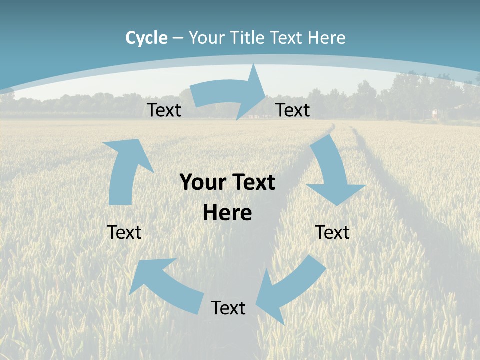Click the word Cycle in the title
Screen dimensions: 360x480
click(x=146, y=38)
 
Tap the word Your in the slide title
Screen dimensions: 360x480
click(x=207, y=38)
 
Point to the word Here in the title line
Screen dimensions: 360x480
click(x=326, y=38)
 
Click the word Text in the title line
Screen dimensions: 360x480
click(x=287, y=38)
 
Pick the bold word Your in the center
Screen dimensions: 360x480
click(x=200, y=182)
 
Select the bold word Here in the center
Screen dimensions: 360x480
click(x=227, y=213)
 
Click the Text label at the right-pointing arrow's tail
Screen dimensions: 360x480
click(x=164, y=110)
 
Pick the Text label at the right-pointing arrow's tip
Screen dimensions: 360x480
click(x=293, y=110)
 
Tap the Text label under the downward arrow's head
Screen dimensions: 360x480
click(x=332, y=232)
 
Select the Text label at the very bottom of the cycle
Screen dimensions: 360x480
click(x=228, y=308)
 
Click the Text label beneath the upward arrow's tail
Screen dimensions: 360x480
click(x=124, y=232)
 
